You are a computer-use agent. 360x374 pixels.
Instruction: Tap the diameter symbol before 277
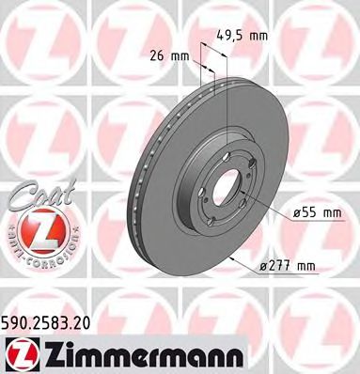265,266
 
